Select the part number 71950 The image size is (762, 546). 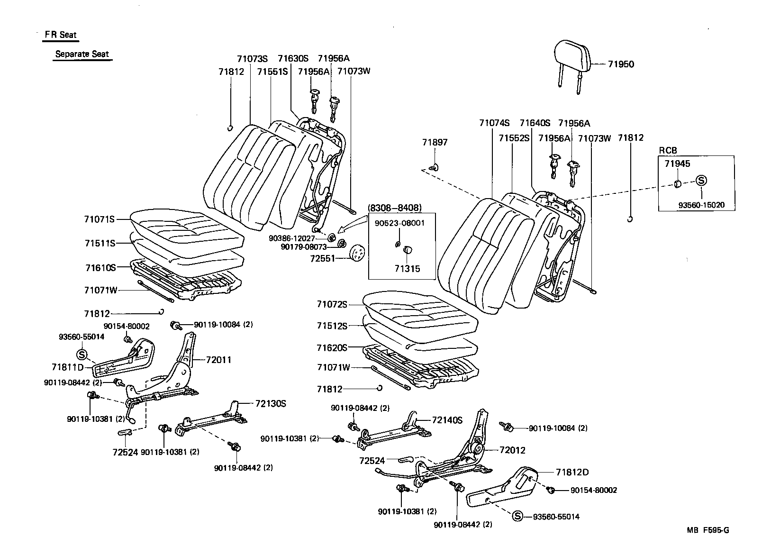click(x=621, y=64)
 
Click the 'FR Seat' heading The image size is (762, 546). click(x=61, y=35)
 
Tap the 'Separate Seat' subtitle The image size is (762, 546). click(x=82, y=54)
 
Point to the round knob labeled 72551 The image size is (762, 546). click(x=357, y=254)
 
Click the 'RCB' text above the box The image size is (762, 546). click(x=668, y=150)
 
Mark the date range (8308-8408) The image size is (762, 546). click(x=394, y=208)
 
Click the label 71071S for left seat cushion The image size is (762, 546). click(x=100, y=219)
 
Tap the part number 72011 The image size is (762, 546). click(x=218, y=360)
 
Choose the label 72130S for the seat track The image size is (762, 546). click(x=271, y=403)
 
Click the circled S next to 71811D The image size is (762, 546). click(x=82, y=354)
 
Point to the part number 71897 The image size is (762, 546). click(x=435, y=142)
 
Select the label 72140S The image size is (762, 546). click(x=447, y=420)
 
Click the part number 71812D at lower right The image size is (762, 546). click(x=572, y=472)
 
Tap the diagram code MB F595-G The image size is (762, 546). click(x=708, y=530)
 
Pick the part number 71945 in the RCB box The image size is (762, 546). click(x=677, y=164)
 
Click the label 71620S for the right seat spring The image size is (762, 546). click(x=332, y=347)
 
